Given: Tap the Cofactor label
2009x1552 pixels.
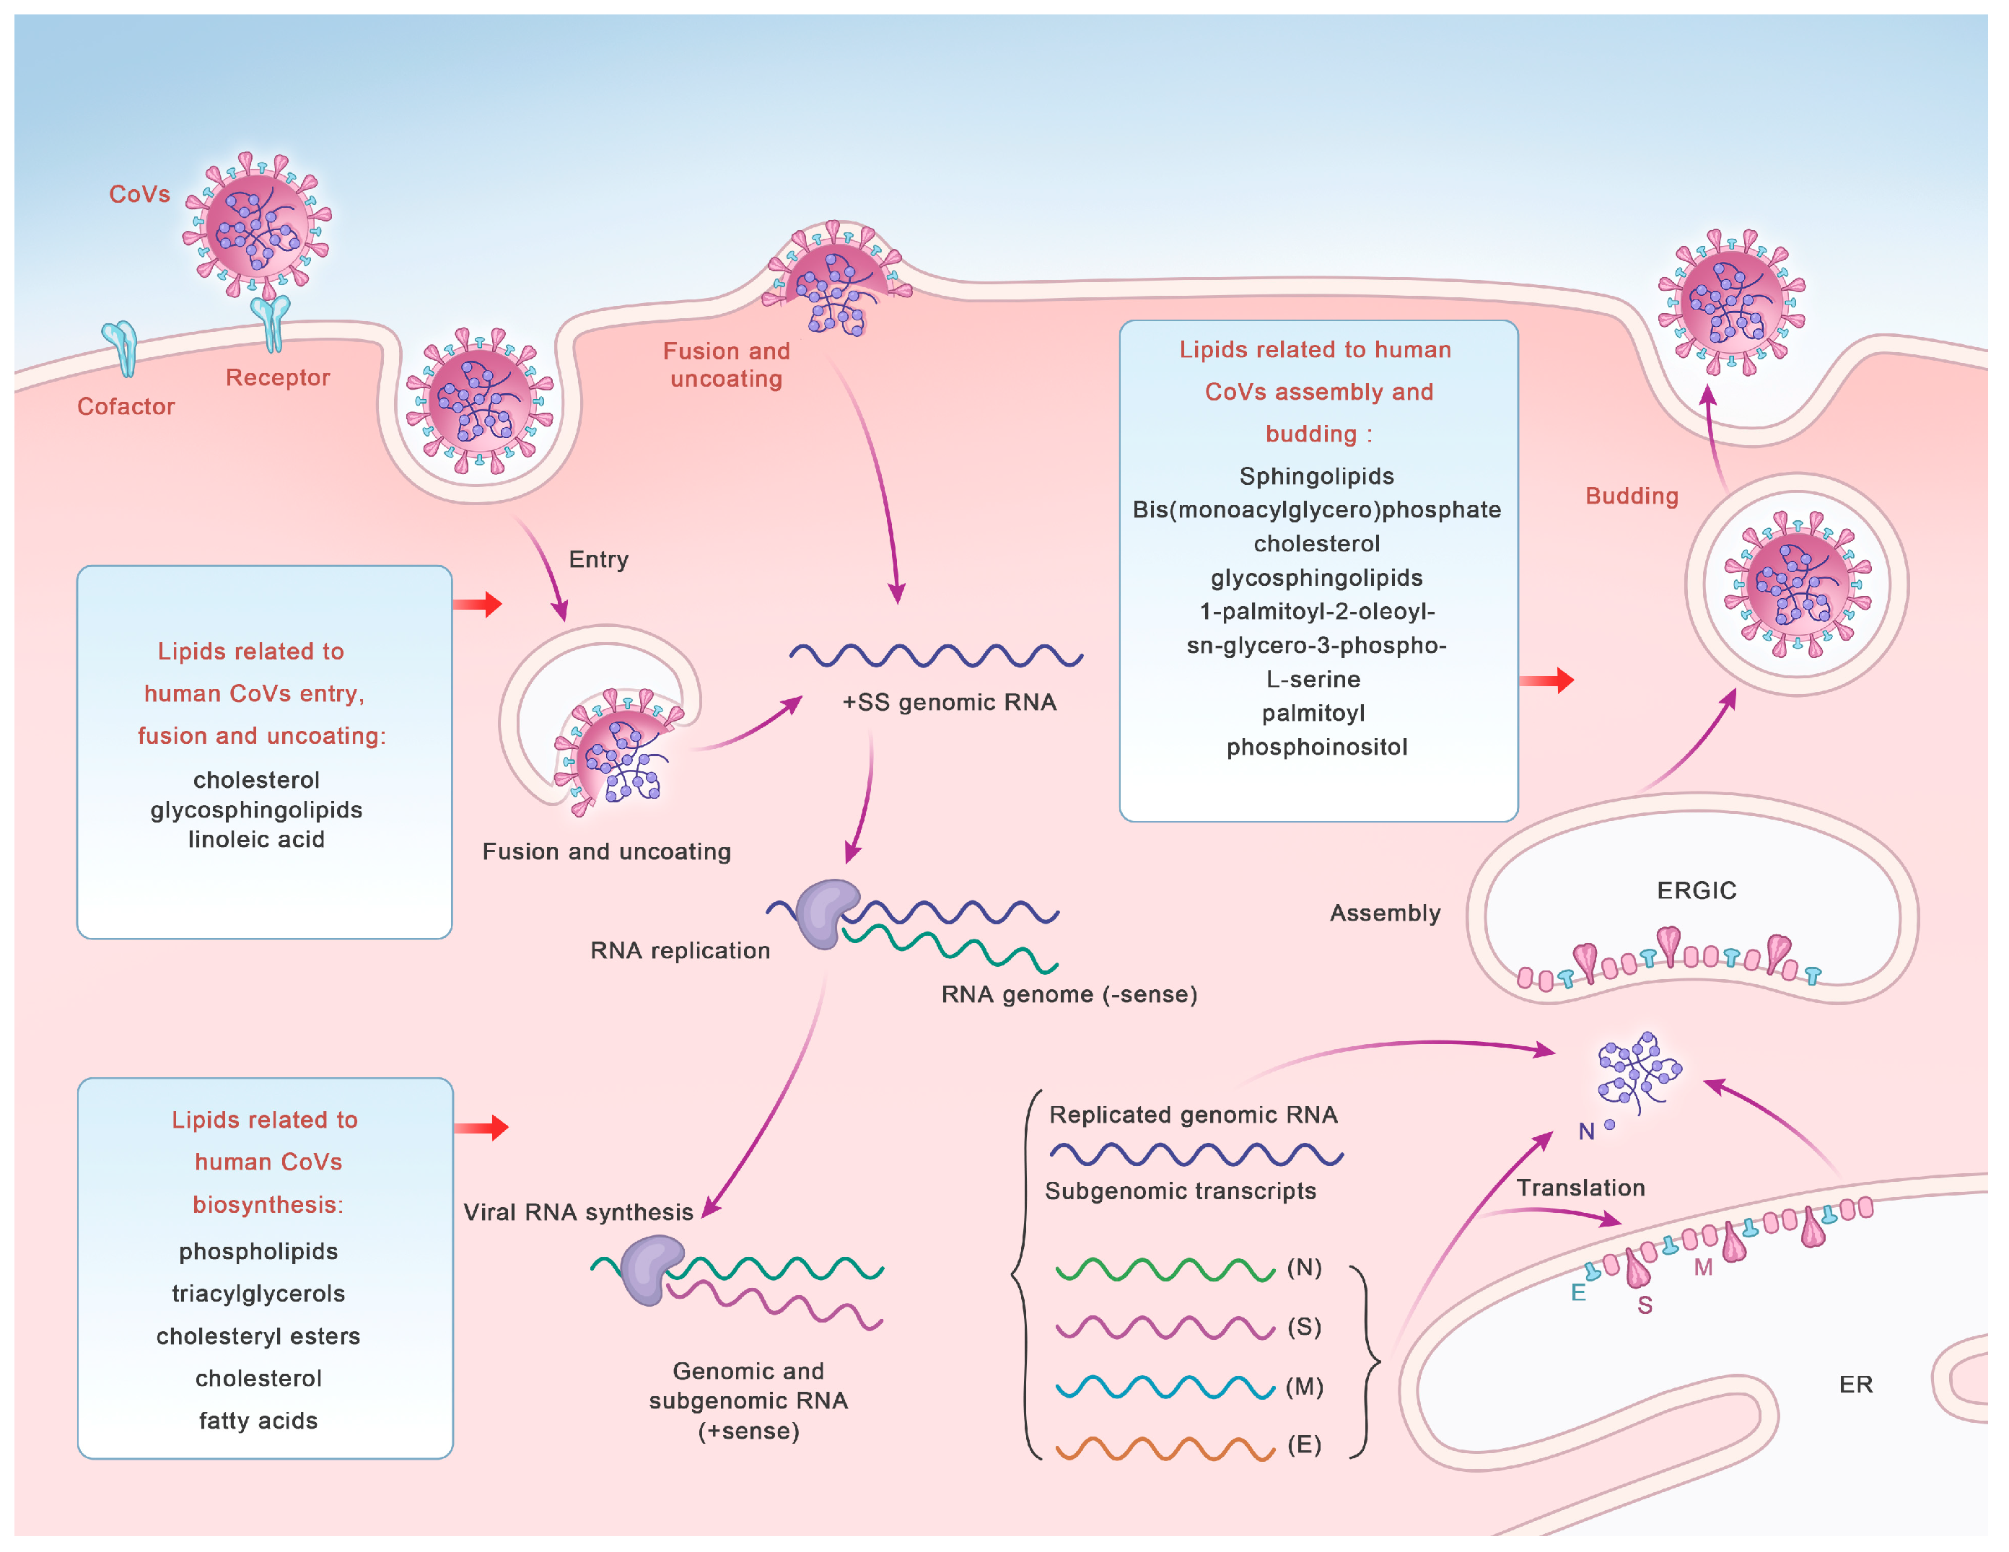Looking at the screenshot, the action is pos(126,407).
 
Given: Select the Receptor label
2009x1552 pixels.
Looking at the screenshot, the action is pos(278,377).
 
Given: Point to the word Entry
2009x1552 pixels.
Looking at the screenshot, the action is pos(599,559).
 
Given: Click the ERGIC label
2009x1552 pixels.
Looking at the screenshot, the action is pos(1697,890).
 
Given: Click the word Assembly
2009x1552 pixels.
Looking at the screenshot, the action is pos(1386,913).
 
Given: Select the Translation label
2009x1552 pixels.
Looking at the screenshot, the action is pos(1580,1188).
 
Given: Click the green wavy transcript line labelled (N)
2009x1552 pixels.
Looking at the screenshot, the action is pos(1165,1270).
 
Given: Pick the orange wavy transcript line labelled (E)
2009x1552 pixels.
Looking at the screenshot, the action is pos(1165,1448).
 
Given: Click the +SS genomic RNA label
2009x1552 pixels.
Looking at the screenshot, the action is pos(950,702).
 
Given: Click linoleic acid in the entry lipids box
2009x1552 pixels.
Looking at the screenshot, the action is pos(257,839).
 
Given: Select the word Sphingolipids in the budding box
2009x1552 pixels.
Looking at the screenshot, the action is pos(1316,476).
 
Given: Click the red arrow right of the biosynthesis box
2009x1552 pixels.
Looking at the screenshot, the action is pos(481,1128).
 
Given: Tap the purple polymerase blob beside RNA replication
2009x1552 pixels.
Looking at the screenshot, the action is pos(827,913).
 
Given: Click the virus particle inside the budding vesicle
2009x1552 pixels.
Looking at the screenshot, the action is pos(1798,585).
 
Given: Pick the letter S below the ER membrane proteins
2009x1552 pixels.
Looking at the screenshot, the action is pos(1645,1305).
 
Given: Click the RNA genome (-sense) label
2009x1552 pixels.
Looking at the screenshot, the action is pos(1069,994).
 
